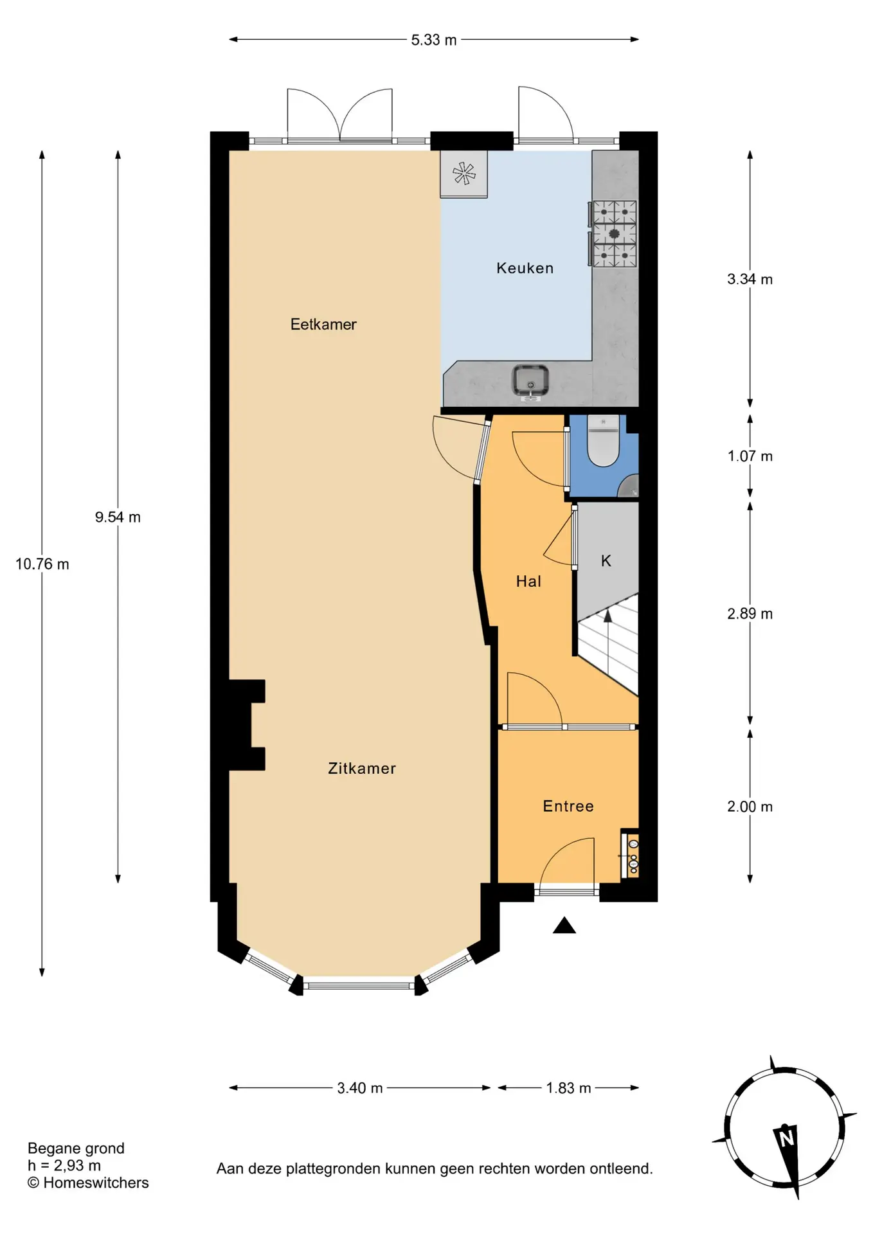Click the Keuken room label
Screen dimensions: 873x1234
click(525, 268)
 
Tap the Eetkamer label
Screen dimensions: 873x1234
click(323, 324)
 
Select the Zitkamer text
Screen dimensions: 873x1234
click(362, 768)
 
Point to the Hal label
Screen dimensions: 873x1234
click(528, 581)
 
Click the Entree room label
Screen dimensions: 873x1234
click(568, 806)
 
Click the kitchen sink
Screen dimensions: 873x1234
click(530, 381)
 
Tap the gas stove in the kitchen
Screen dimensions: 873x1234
click(615, 233)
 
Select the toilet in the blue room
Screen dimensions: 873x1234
click(603, 441)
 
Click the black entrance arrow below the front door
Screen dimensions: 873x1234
click(564, 925)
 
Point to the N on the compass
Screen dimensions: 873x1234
click(786, 1139)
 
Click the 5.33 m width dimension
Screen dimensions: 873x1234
click(434, 40)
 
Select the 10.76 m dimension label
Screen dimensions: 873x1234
click(42, 564)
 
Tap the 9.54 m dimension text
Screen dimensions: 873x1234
click(118, 517)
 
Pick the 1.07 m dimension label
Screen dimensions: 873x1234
click(750, 456)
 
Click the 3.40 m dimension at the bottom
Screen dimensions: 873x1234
click(360, 1087)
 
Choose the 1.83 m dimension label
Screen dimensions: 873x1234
click(568, 1087)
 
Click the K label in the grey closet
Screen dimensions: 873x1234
click(606, 560)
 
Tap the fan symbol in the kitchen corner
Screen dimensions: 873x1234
click(464, 174)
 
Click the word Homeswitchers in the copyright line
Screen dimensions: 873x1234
click(96, 1183)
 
